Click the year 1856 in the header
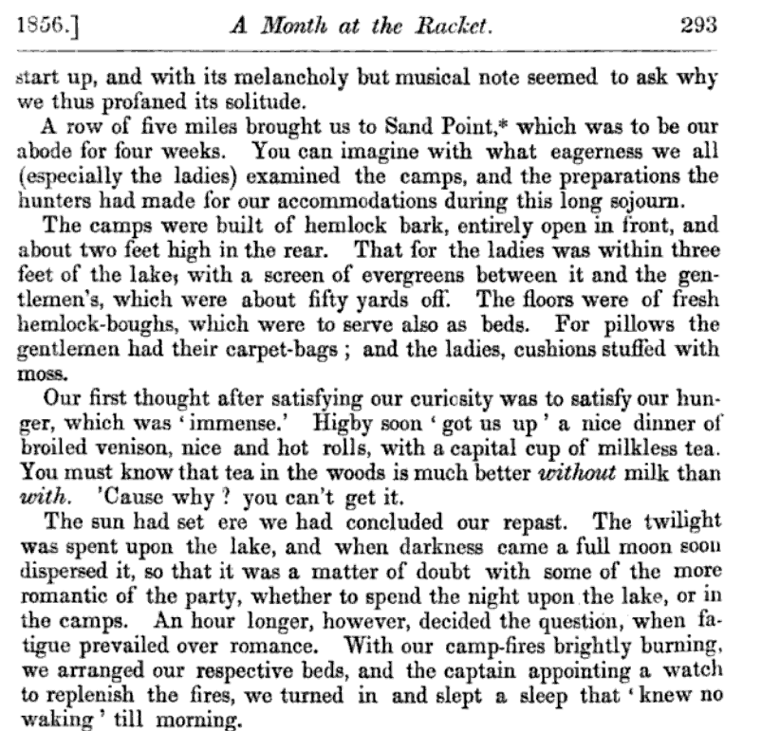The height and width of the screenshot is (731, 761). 39,28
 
